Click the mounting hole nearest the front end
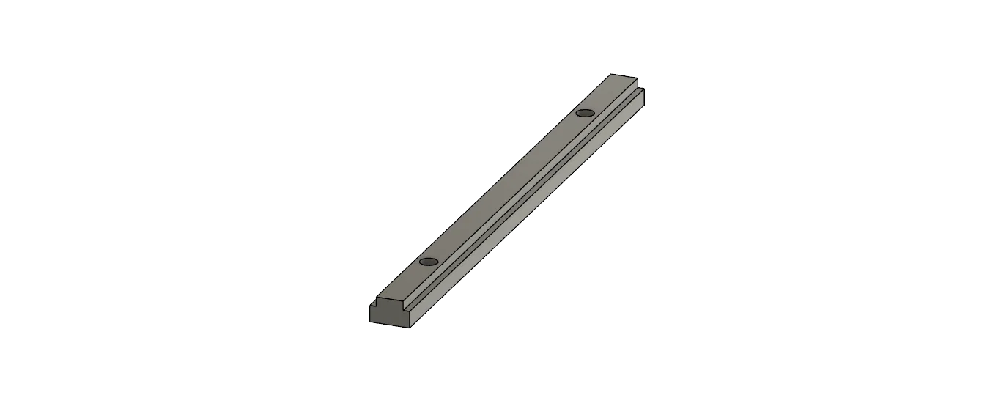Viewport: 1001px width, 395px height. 429,262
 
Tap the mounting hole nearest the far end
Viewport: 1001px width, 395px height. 584,112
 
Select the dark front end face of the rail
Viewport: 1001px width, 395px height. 389,316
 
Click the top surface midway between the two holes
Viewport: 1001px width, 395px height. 506,187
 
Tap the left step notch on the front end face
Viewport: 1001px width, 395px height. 372,306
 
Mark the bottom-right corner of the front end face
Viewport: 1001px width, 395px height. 409,328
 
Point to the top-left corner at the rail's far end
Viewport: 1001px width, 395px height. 613,74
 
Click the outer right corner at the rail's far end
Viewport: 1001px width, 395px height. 644,89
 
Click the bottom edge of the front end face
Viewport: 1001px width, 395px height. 389,325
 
